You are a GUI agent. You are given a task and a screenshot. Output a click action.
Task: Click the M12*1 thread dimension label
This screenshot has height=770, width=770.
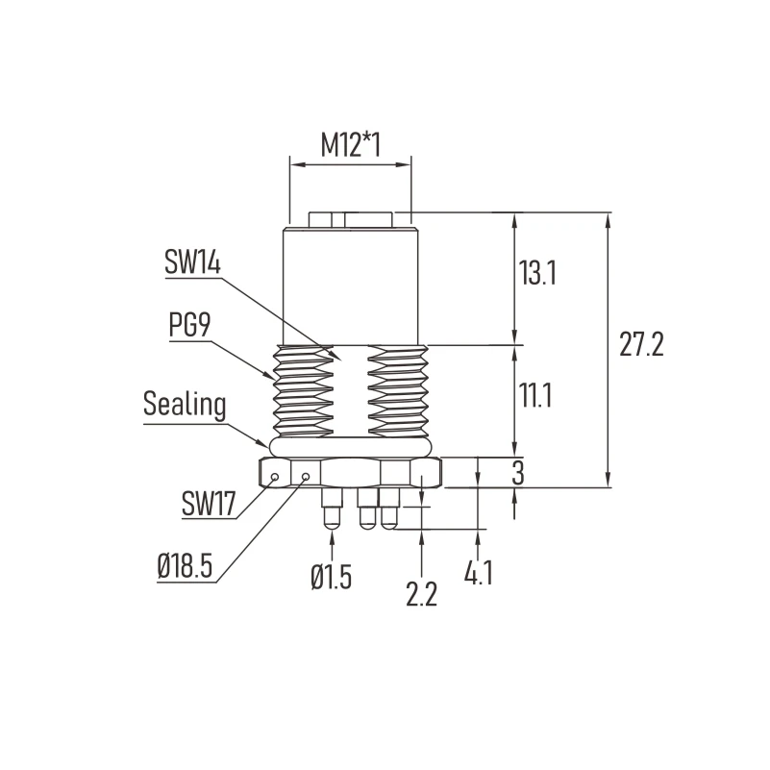click(351, 145)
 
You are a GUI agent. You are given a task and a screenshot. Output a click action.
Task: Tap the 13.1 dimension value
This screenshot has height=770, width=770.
click(537, 273)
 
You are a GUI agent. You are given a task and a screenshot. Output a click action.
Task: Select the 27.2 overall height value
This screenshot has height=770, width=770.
click(641, 344)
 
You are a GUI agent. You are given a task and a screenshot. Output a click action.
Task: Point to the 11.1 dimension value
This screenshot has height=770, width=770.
click(535, 395)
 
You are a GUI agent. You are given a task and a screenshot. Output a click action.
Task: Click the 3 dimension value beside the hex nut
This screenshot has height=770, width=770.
click(518, 472)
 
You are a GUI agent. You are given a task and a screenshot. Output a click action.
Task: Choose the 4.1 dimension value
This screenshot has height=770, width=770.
click(479, 572)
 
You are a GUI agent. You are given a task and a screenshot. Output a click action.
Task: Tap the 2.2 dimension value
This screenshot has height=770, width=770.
click(421, 594)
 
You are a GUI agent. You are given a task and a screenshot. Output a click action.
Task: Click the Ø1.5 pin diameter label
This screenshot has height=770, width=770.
click(332, 576)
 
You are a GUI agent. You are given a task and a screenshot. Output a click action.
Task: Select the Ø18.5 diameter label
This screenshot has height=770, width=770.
click(185, 565)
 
